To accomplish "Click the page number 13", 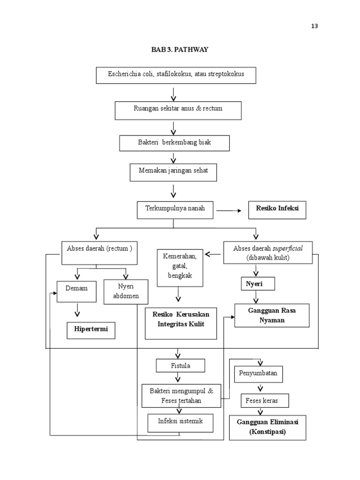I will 314,26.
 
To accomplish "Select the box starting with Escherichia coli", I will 176,75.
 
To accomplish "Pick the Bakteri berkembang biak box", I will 174,143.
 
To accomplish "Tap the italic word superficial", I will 289,249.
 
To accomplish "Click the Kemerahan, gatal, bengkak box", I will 180,267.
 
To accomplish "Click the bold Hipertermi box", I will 91,330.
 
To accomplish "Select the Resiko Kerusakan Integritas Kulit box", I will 181,323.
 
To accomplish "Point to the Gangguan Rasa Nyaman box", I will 272,315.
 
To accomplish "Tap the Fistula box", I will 180,365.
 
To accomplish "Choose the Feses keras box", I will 265,401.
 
